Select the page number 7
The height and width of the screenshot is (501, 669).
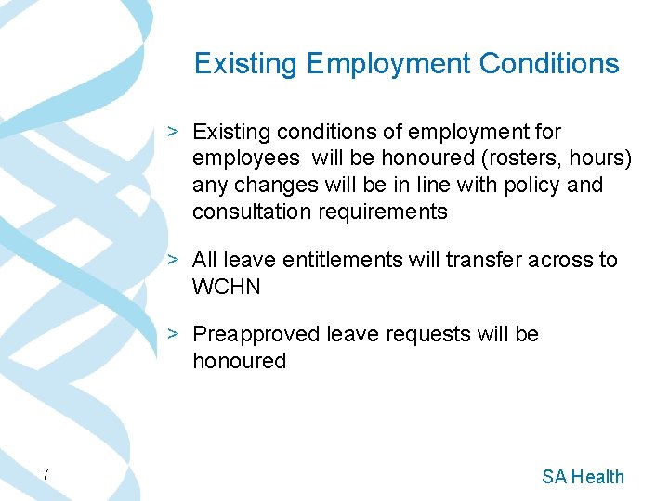coord(44,475)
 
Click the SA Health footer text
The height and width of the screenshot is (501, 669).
coord(583,477)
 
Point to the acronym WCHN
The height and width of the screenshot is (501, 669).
coord(227,287)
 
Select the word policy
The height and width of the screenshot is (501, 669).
coord(531,186)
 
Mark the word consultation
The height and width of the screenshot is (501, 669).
coord(252,212)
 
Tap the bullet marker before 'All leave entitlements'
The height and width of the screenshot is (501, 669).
coord(174,260)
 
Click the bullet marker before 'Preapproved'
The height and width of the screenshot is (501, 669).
coord(174,333)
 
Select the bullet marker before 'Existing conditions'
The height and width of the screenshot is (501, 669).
coord(174,132)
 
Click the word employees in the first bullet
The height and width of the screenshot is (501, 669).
coord(245,159)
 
